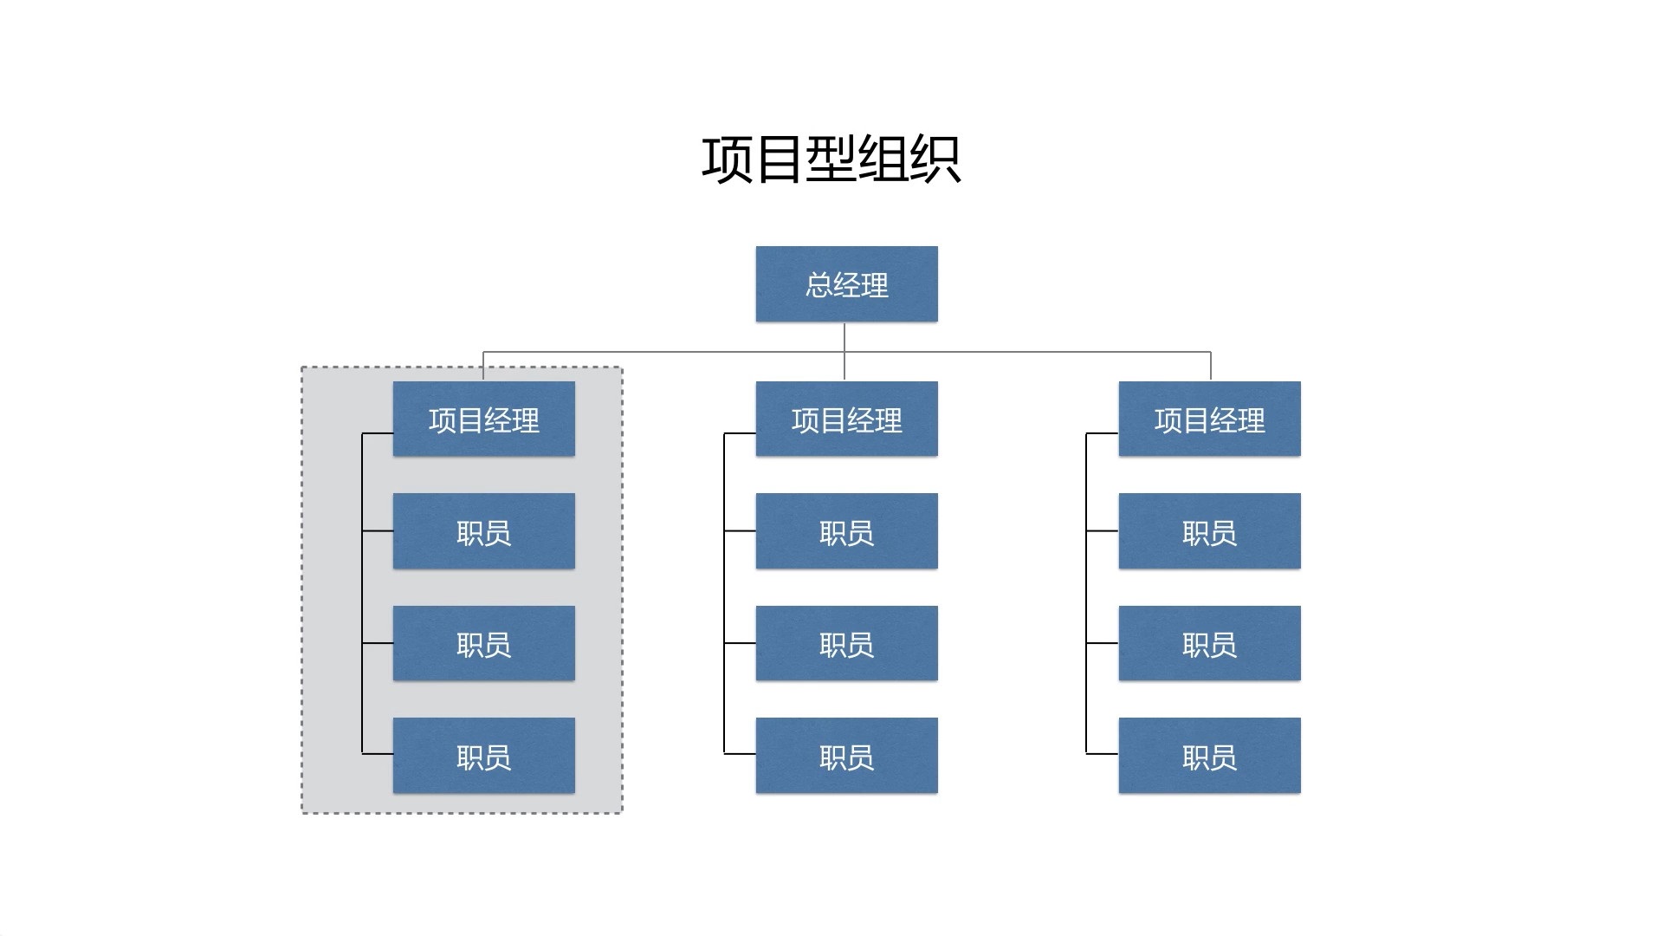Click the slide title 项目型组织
click(831, 159)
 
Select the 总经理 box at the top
click(846, 284)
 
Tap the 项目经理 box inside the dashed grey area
click(483, 419)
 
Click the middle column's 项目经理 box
click(846, 419)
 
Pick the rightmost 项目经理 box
click(1209, 419)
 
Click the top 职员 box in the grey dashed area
click(483, 531)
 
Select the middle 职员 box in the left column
click(483, 643)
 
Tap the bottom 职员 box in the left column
click(483, 756)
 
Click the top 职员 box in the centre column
click(846, 531)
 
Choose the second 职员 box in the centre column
click(846, 643)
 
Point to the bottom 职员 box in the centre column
click(846, 756)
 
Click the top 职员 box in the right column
click(1209, 531)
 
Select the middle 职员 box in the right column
click(1209, 643)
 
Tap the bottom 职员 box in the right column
click(1209, 756)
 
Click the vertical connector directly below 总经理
click(844, 338)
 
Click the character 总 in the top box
click(819, 285)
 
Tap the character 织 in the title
click(935, 160)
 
